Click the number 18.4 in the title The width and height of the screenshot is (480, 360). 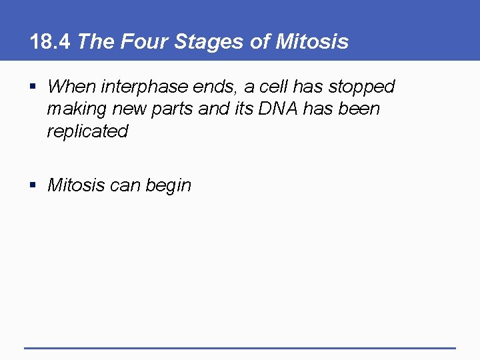[51, 42]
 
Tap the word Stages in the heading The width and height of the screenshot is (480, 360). [200, 42]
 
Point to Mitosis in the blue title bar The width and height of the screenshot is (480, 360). [311, 42]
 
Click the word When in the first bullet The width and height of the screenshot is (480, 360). [71, 87]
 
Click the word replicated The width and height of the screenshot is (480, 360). [87, 131]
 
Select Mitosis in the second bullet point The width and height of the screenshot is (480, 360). [76, 185]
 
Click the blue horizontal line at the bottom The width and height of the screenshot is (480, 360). [240, 347]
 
